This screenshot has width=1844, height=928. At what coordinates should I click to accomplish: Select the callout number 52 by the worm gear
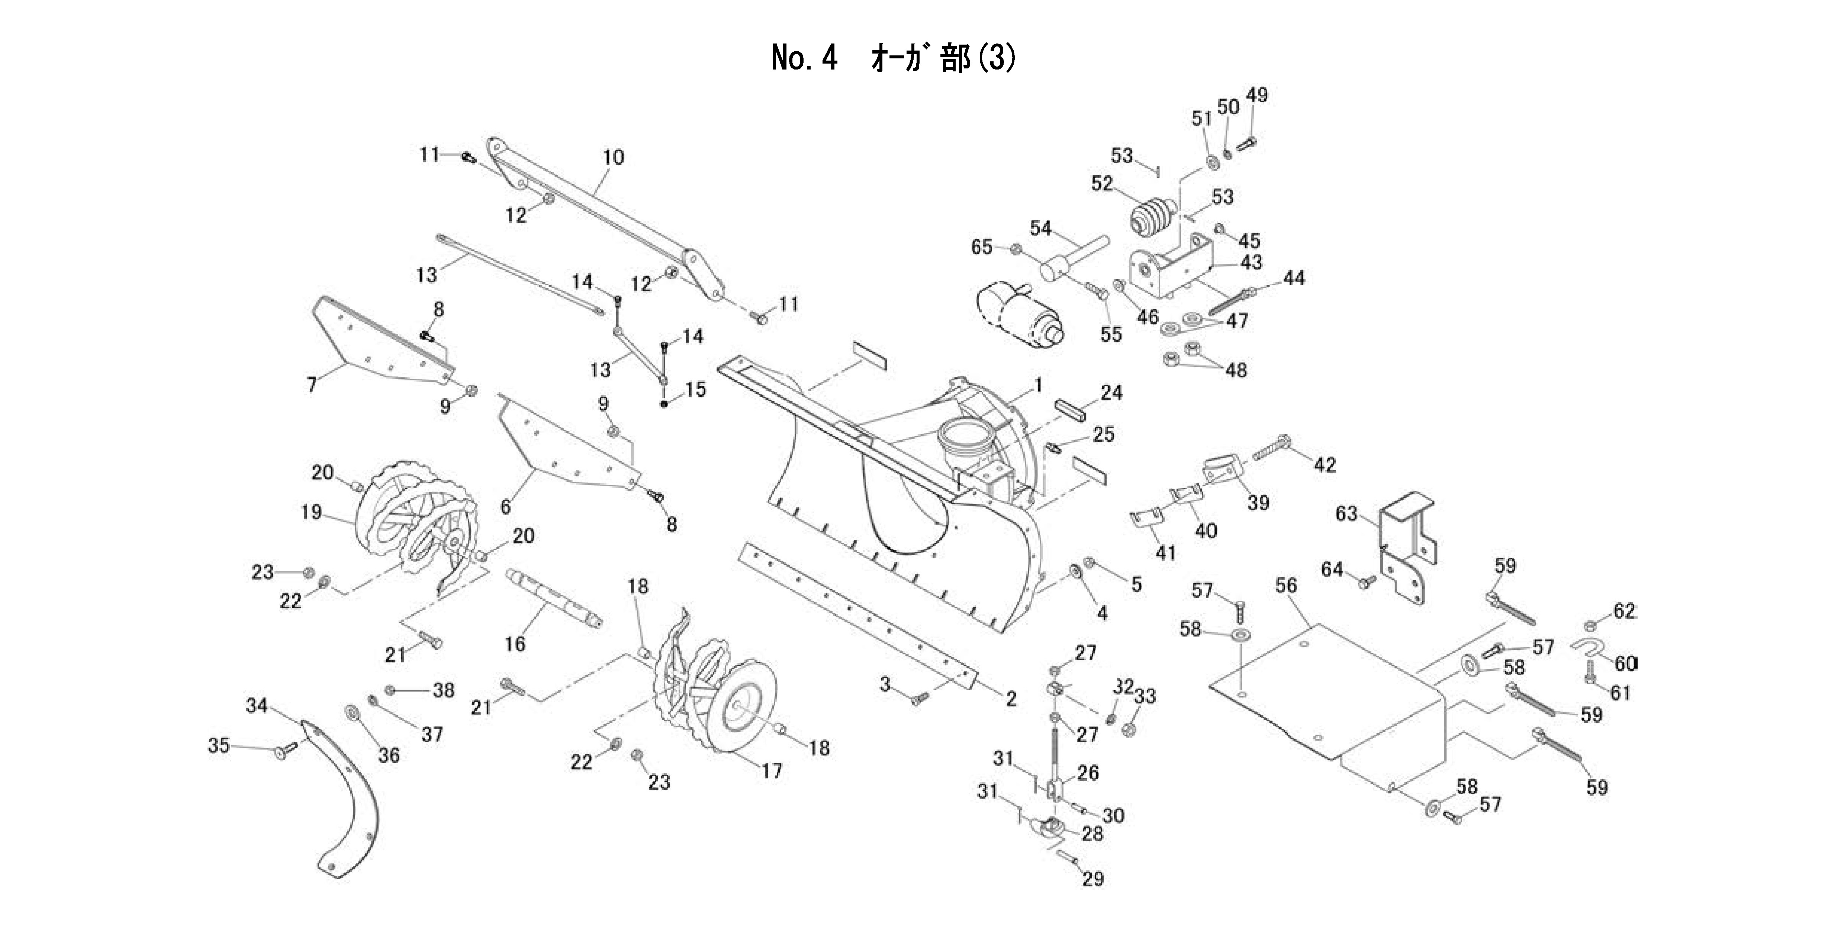pyautogui.click(x=1102, y=183)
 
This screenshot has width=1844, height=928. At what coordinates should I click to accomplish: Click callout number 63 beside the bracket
pyautogui.click(x=1346, y=514)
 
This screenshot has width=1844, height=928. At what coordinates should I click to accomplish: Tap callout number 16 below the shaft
pyautogui.click(x=515, y=644)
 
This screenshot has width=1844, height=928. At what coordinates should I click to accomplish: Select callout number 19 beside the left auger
pyautogui.click(x=311, y=512)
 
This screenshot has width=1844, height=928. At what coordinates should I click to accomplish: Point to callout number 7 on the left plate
pyautogui.click(x=311, y=385)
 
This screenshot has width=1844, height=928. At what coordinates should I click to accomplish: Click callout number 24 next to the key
pyautogui.click(x=1111, y=392)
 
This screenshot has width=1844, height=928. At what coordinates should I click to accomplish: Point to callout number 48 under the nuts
pyautogui.click(x=1236, y=371)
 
